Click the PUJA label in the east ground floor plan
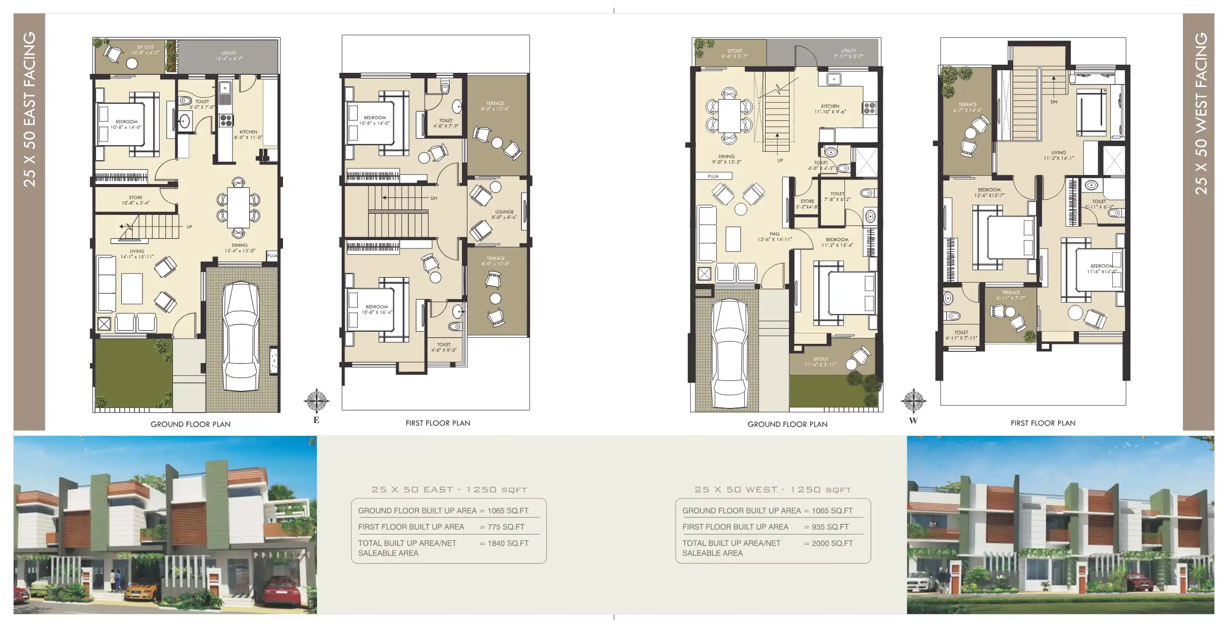[x=272, y=256]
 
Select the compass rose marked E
[x=316, y=401]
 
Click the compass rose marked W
[x=913, y=401]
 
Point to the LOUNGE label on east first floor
[x=504, y=214]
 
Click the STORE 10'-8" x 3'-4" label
[x=135, y=200]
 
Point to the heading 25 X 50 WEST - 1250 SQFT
[x=773, y=489]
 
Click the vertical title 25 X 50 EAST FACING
[x=29, y=109]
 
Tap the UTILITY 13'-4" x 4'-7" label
[x=228, y=56]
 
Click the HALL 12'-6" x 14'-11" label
[x=774, y=237]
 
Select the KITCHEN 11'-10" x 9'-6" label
[x=830, y=109]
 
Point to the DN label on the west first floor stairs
[x=1054, y=102]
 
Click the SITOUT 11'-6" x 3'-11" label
[x=821, y=362]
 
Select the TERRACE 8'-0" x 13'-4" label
[x=495, y=106]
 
